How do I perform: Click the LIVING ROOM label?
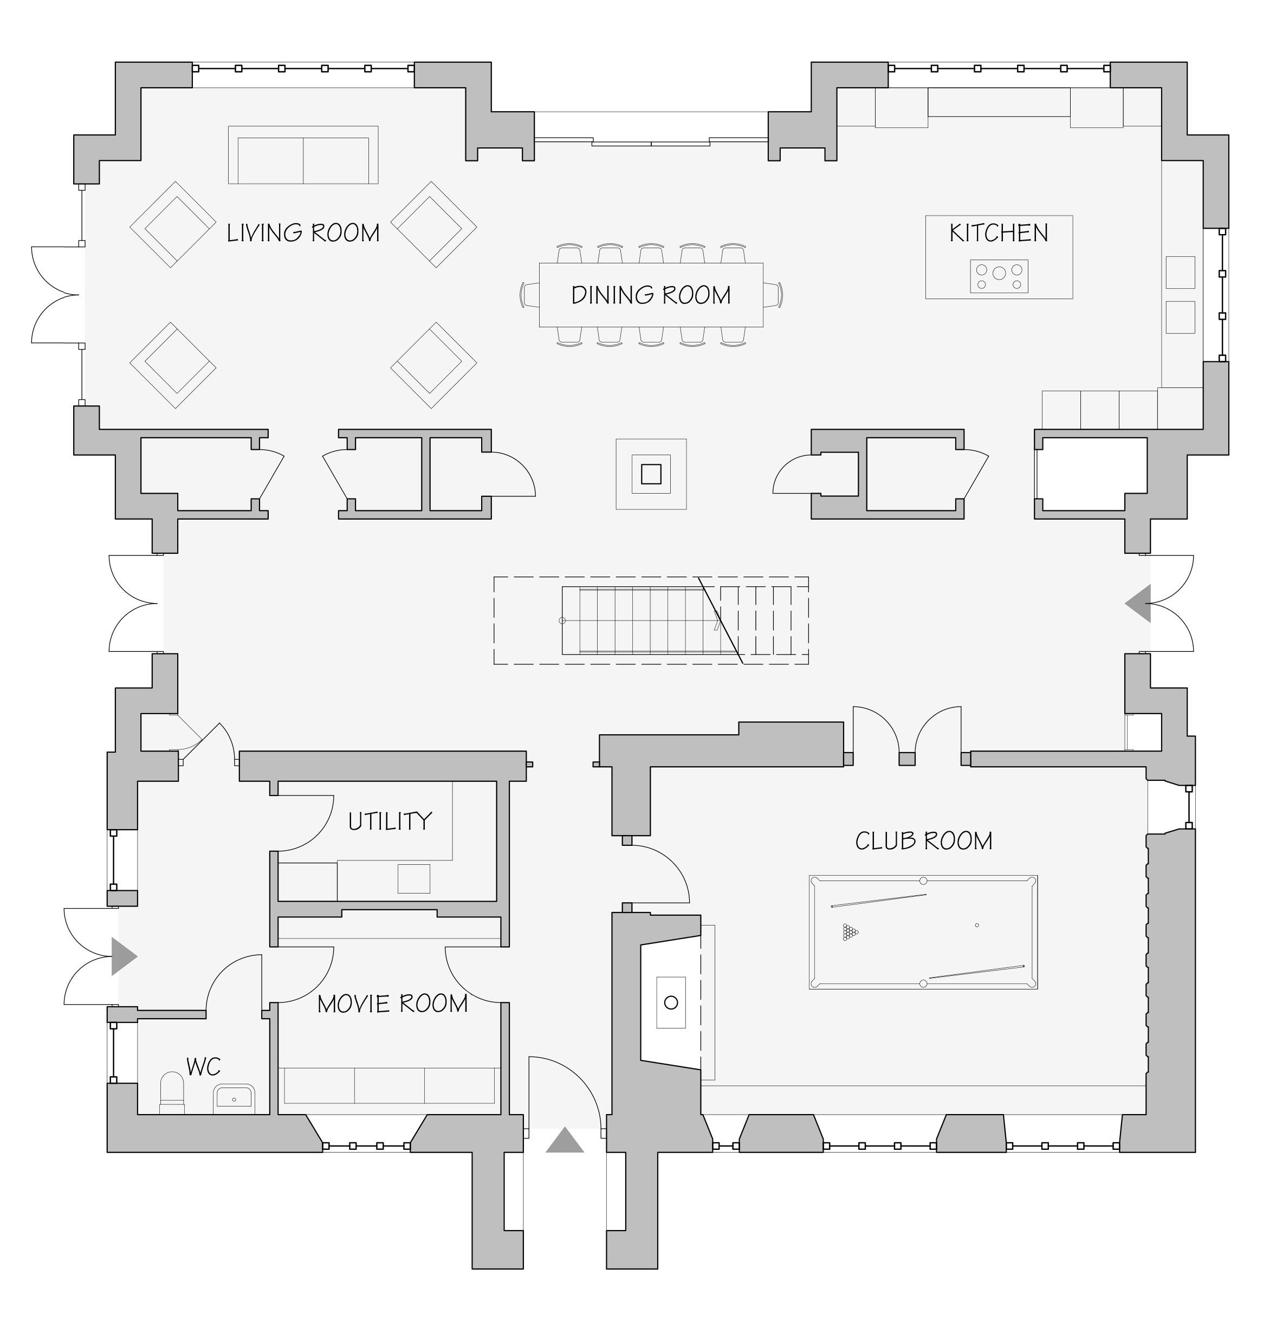pos(303,233)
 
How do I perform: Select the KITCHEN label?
pos(999,233)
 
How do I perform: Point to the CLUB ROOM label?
pos(924,842)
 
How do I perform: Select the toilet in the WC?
pos(172,1093)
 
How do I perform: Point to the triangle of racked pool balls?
pos(850,931)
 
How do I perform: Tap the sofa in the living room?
pos(303,155)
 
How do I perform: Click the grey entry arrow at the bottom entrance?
pos(565,1141)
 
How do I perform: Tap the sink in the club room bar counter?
pos(671,1002)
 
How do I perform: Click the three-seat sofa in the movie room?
pos(389,1085)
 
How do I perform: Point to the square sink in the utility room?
pos(413,879)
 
